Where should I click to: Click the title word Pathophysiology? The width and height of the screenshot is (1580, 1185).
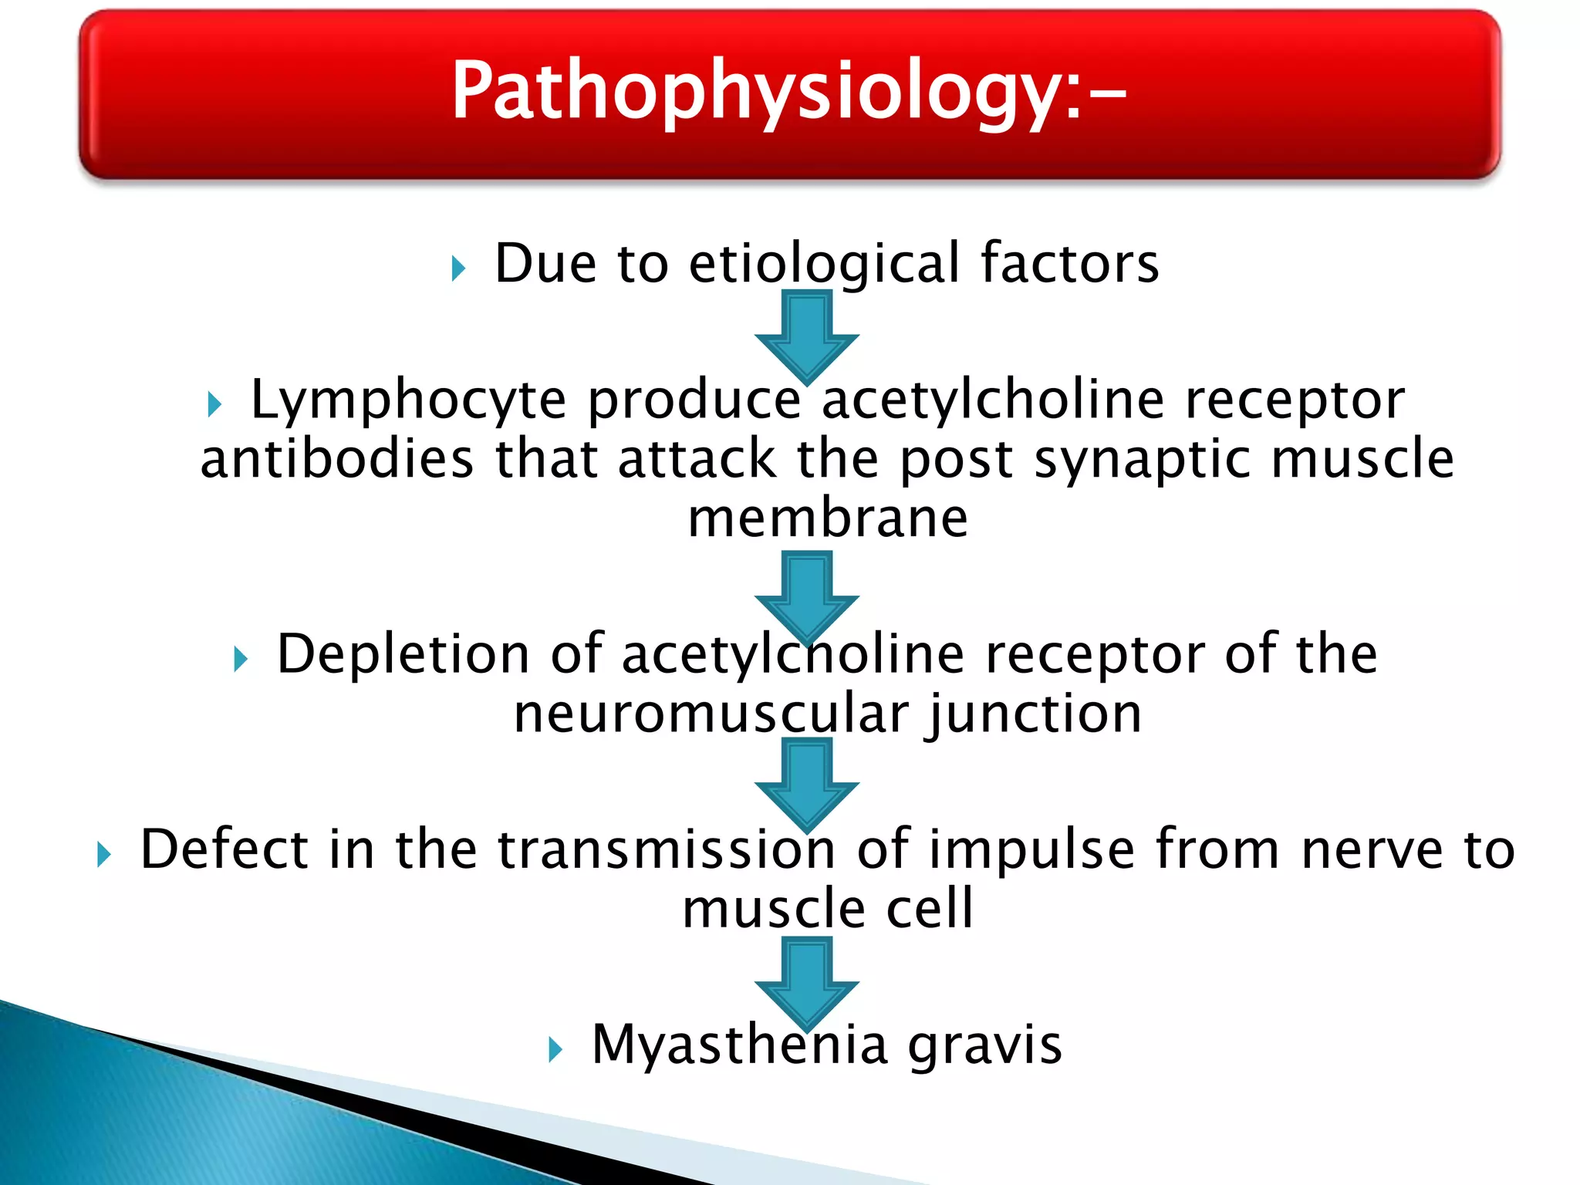787,91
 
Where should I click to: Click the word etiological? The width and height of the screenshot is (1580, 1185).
824,264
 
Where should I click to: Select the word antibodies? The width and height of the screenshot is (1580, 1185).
336,459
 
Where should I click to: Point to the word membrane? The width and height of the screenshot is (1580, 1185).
827,518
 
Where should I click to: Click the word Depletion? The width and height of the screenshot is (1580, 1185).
403,654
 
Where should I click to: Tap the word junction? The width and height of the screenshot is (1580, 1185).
1035,714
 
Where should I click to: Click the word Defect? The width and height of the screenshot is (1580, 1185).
224,849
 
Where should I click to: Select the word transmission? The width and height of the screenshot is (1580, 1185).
667,849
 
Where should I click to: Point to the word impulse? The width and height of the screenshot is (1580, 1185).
1032,849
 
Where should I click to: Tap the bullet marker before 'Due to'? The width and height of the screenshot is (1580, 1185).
458,269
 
